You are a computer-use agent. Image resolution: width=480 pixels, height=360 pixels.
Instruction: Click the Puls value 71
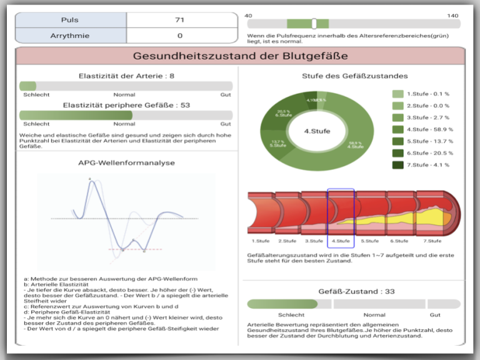pos(180,20)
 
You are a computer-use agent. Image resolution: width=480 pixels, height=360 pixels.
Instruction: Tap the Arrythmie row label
pos(70,36)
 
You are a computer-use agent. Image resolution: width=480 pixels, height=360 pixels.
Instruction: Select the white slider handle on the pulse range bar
pos(314,24)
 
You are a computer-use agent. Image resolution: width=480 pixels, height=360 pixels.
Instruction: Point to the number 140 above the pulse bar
pos(452,15)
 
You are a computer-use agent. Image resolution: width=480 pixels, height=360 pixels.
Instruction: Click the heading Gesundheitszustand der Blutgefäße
pos(240,56)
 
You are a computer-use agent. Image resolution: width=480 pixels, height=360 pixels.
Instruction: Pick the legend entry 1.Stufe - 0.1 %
pos(427,94)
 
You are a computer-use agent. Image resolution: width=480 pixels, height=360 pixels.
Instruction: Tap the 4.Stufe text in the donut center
pos(317,131)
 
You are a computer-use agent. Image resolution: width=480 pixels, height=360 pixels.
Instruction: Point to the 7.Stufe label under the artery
pos(432,241)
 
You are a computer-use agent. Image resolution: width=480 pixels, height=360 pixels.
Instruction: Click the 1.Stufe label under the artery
pos(261,241)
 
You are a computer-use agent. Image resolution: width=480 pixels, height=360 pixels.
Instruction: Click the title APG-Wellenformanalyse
pos(126,162)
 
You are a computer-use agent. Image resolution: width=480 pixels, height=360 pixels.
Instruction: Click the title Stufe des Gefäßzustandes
pos(354,76)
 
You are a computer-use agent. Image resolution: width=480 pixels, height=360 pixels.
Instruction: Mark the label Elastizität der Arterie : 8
pos(126,76)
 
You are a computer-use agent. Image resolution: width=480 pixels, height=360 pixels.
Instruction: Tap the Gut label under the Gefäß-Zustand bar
pos(435,315)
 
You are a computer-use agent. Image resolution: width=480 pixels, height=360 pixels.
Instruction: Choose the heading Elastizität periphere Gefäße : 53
pos(126,105)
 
